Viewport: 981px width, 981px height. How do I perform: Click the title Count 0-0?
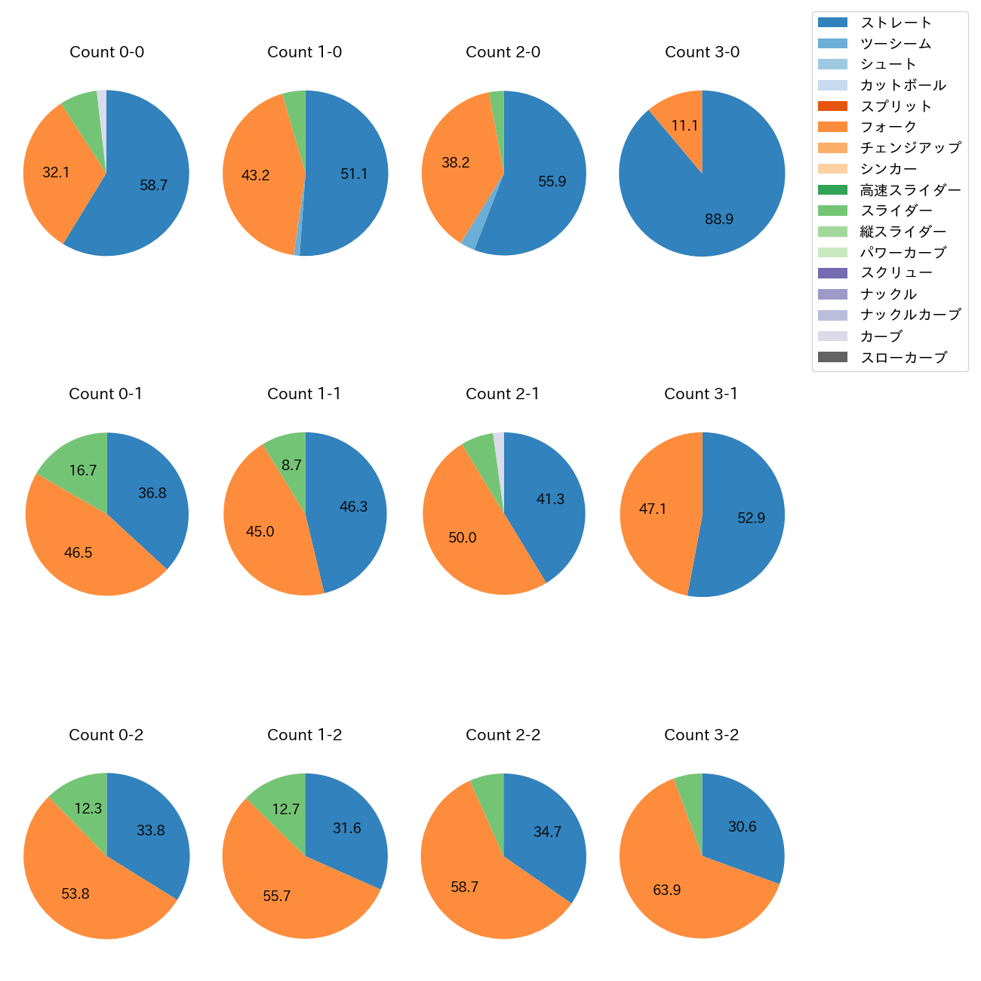pos(106,52)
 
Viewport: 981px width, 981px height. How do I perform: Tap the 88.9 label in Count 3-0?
pos(719,219)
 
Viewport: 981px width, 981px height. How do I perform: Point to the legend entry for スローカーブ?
pos(903,357)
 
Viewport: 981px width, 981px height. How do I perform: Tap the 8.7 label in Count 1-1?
pos(291,466)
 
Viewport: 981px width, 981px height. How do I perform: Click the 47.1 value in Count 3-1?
pos(653,509)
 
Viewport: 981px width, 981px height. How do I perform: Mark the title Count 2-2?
pos(503,735)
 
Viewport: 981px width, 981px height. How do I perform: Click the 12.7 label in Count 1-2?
pos(286,809)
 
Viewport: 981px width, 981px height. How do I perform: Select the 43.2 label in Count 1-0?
pos(255,176)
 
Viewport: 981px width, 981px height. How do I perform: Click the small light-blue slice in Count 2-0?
pos(469,239)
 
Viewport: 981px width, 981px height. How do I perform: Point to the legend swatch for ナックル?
pos(832,294)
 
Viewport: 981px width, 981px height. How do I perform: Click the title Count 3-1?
pos(700,394)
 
